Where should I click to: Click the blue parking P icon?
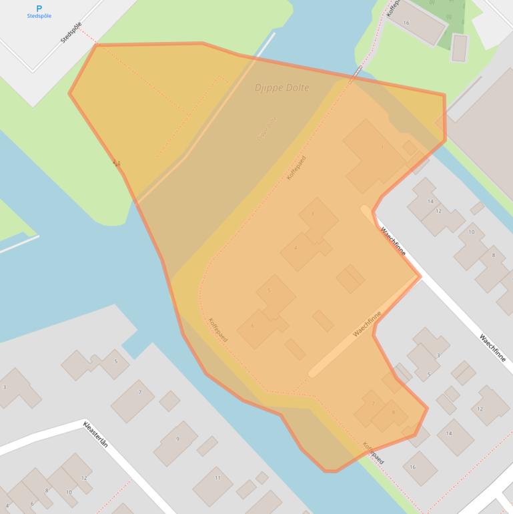pos(39,8)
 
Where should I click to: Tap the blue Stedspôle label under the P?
pos(39,16)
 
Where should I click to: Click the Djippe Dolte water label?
pos(282,87)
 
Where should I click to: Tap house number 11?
pos(217,478)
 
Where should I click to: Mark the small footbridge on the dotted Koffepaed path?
pos(358,73)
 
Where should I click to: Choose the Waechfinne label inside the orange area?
pos(367,323)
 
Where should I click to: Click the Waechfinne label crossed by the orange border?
pos(394,241)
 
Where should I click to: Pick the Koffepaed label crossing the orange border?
pos(374,453)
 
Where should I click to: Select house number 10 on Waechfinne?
pos(472,232)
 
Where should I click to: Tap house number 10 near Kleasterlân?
pos(69,492)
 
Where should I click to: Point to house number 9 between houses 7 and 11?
pos(177,439)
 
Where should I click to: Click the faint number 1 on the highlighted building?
pos(382,147)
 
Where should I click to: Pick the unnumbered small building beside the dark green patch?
pos(459,47)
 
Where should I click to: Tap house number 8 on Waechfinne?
pos(494,255)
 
